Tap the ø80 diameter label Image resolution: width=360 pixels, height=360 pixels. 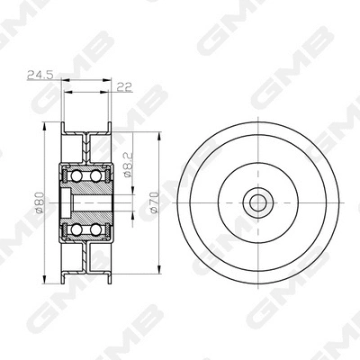pyautogui.click(x=40, y=204)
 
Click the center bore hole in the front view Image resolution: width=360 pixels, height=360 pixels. pyautogui.click(x=258, y=201)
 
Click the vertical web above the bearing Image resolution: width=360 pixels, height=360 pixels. pyautogui.click(x=87, y=146)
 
